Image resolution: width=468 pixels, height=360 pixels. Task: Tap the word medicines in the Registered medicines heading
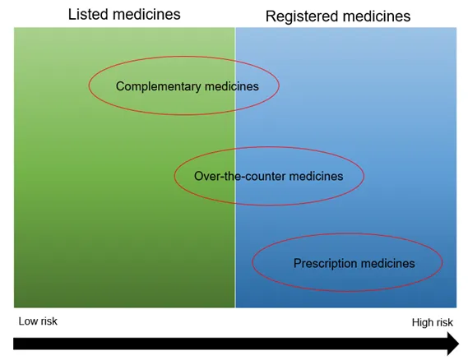[375, 16]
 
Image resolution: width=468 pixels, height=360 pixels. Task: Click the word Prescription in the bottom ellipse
[325, 263]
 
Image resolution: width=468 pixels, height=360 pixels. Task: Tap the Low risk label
[38, 321]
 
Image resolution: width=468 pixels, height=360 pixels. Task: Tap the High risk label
[433, 323]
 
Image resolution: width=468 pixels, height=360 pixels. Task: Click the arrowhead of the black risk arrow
[452, 344]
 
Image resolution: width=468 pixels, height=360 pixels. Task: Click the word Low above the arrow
[28, 321]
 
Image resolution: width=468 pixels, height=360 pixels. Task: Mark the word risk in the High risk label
[444, 323]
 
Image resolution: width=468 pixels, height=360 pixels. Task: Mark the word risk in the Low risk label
[49, 321]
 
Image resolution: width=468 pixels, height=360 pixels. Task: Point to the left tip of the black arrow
[16, 344]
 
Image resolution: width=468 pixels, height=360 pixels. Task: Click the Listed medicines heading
[124, 14]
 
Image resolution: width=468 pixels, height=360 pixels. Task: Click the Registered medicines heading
[337, 16]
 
